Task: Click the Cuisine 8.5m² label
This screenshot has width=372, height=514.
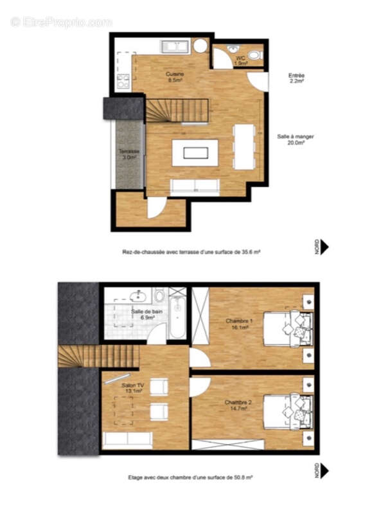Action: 175,78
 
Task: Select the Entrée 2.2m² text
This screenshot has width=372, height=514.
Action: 296,78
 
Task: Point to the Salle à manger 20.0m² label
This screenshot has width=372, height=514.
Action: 296,140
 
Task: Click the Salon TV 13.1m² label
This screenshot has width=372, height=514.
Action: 133,389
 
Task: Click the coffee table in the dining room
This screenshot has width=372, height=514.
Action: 195,153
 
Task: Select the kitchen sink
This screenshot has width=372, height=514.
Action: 174,46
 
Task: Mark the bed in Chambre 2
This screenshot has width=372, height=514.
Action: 287,411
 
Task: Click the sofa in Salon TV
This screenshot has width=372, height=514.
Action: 128,439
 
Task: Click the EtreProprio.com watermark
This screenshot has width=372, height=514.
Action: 61,22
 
